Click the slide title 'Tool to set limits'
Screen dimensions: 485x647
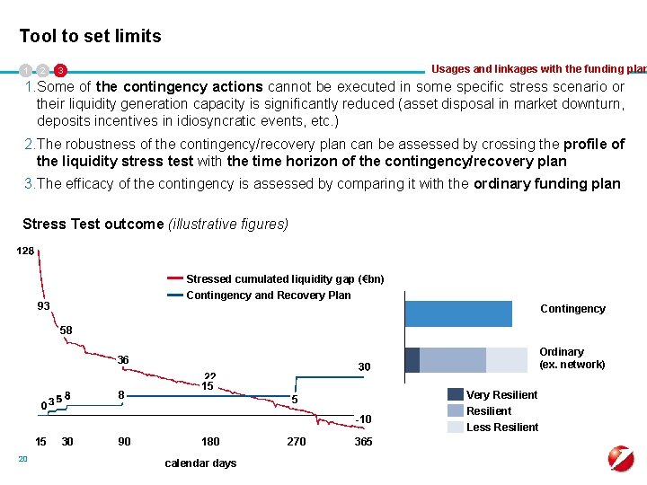[x=91, y=37]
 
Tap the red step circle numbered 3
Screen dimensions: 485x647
[x=60, y=70]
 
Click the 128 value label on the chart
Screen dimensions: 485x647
[x=25, y=251]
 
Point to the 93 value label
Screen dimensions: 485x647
[x=43, y=306]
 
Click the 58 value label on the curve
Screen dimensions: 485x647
[x=66, y=331]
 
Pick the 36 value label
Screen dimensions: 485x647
[x=125, y=360]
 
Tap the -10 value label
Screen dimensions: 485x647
[x=362, y=419]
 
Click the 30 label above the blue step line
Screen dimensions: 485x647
[x=364, y=366]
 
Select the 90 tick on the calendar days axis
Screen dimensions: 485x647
[x=124, y=441]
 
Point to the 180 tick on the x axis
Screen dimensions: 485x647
[x=209, y=441]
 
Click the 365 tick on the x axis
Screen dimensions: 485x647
[x=364, y=441]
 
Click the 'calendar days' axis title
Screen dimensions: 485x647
[x=200, y=463]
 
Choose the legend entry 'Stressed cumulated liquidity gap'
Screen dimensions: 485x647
[x=284, y=278]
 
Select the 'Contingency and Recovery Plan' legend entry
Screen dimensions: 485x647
[x=268, y=295]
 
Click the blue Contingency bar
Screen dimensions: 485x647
[x=458, y=313]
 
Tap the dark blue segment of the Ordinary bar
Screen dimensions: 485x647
[x=412, y=359]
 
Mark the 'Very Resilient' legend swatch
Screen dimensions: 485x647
[x=456, y=394]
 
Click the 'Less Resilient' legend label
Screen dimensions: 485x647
[x=501, y=427]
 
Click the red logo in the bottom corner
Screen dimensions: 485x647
[x=621, y=459]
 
